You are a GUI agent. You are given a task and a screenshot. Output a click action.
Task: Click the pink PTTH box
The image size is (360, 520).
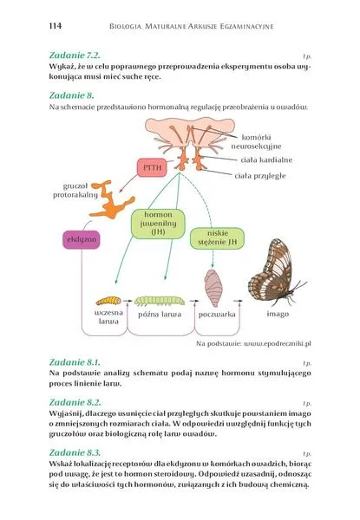pyautogui.click(x=152, y=167)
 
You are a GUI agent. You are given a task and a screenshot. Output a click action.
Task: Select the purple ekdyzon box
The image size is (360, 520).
pyautogui.click(x=82, y=239)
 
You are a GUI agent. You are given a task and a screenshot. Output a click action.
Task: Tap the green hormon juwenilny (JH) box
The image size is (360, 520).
pyautogui.click(x=158, y=224)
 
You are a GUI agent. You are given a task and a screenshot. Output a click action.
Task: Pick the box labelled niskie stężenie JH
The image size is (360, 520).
pyautogui.click(x=218, y=237)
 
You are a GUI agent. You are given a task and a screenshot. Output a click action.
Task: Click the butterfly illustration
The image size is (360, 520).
pyautogui.click(x=276, y=272)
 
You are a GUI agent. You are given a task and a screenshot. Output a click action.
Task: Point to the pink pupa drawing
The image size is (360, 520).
pyautogui.click(x=213, y=288)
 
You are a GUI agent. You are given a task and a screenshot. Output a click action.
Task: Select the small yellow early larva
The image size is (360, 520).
pyautogui.click(x=108, y=301)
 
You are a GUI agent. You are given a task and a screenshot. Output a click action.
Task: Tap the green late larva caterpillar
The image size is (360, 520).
pyautogui.click(x=160, y=301)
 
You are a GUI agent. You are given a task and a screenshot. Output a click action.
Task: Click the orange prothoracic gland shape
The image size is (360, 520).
pyautogui.click(x=111, y=199)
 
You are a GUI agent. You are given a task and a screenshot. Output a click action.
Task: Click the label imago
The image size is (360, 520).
pyautogui.click(x=278, y=314)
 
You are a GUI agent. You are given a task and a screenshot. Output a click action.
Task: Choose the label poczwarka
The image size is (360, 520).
pyautogui.click(x=217, y=315)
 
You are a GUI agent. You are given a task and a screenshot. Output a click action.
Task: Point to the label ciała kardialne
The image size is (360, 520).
pyautogui.click(x=266, y=159)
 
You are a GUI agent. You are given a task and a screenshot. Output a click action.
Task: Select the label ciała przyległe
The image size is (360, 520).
pyautogui.click(x=260, y=176)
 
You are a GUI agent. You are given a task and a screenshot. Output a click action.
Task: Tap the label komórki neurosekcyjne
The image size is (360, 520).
pyautogui.click(x=256, y=142)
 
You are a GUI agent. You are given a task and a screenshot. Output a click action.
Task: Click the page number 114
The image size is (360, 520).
pyautogui.click(x=55, y=26)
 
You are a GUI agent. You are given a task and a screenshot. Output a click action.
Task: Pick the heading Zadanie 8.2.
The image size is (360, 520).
pyautogui.click(x=75, y=402)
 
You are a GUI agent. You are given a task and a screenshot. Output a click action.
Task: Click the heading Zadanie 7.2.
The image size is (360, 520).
pyautogui.click(x=75, y=55)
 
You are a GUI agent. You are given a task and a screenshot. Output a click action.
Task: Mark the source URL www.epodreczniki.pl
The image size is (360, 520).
pyautogui.click(x=278, y=343)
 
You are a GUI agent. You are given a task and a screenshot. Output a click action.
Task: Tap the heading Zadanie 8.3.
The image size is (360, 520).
pyautogui.click(x=75, y=452)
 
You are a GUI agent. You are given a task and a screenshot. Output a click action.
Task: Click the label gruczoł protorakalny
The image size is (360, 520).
pyautogui.click(x=75, y=191)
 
